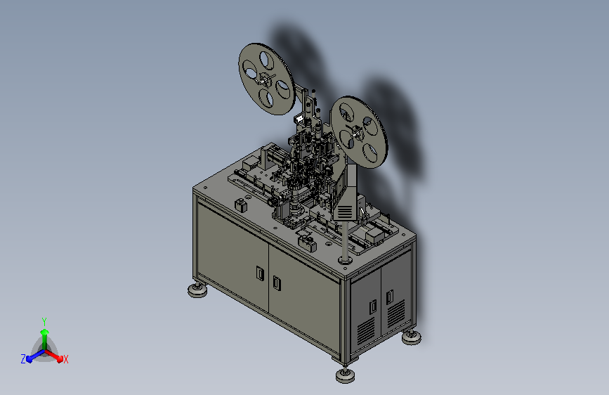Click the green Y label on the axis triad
tap(44, 322)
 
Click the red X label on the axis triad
tap(65, 359)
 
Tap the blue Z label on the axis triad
tap(23, 359)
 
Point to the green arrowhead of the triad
tap(44, 332)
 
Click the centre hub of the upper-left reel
tap(266, 79)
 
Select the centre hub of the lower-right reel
tap(357, 132)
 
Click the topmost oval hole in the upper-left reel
tap(267, 60)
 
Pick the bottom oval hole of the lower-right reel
tap(370, 153)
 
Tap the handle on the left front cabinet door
tap(260, 273)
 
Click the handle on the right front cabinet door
tap(277, 283)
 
